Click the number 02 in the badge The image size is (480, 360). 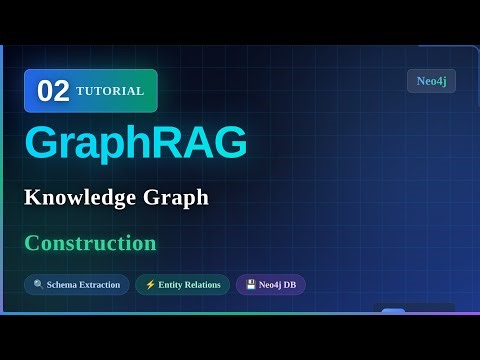53,91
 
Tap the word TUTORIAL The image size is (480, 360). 110,91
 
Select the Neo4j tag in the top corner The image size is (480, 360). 431,81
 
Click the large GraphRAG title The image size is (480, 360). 135,143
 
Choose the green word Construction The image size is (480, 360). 90,243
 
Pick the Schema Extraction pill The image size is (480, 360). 76,285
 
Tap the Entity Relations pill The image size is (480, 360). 182,285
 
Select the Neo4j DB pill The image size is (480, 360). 270,285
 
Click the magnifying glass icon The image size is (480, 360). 38,285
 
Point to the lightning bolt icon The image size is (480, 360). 150,285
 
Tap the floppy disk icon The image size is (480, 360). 251,285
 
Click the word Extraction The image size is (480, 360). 98,285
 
